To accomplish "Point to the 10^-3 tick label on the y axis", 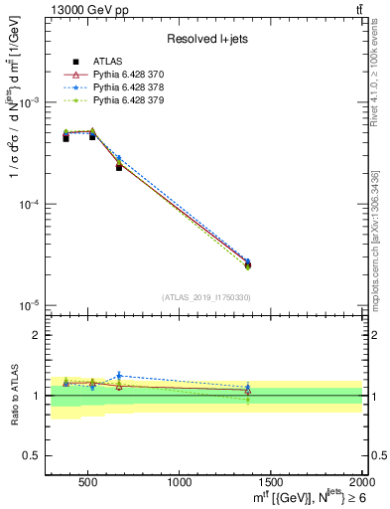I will point(30,103).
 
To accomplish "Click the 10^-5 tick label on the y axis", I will point(30,304).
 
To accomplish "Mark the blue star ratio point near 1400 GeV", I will point(248,387).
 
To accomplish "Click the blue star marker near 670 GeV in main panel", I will point(118,158).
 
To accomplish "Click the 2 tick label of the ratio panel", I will point(36,335).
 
